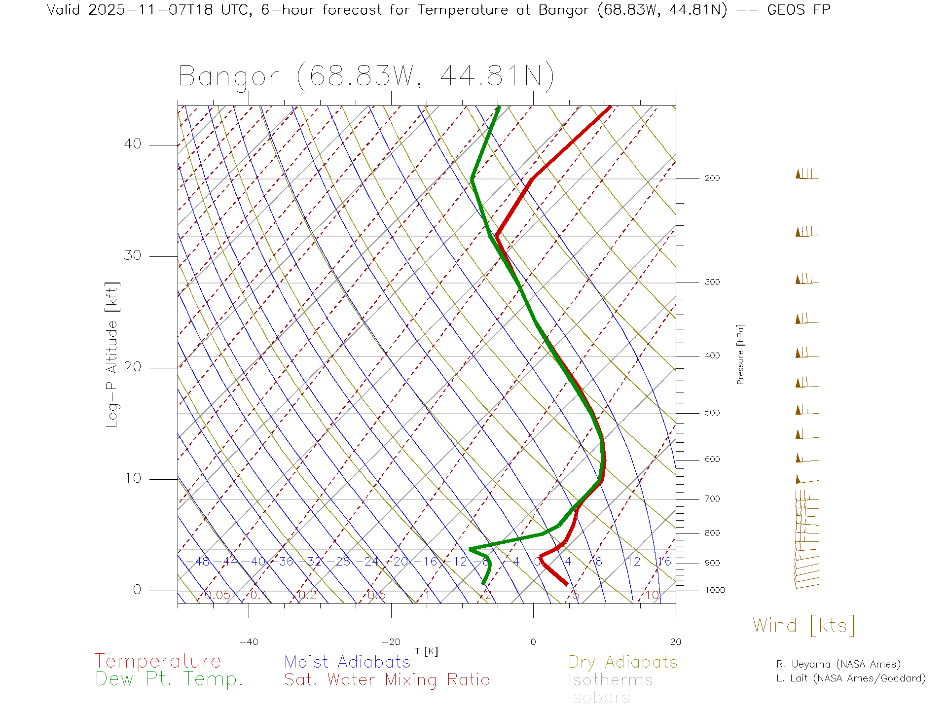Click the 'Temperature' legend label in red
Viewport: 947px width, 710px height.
(157, 661)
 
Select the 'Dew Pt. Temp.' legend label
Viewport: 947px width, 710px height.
(169, 679)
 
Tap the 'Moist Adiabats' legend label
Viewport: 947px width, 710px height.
(347, 662)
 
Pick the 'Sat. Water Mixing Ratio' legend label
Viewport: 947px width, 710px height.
(387, 679)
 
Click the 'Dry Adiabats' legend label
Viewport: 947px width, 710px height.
(622, 662)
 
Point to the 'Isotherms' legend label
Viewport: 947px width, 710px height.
(610, 680)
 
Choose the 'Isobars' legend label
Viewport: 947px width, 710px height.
(599, 698)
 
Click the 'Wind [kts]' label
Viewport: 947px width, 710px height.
(803, 626)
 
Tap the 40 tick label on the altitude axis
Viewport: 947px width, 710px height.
(132, 144)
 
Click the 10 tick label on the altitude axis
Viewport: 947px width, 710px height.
(132, 478)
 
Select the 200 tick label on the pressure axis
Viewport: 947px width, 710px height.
(712, 178)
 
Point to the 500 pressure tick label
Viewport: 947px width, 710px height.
(712, 413)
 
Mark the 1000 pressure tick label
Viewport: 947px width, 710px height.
(714, 590)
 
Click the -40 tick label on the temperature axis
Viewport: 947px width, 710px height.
(249, 642)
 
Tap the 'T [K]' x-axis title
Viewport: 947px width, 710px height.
(426, 651)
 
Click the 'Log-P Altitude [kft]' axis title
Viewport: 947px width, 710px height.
(112, 355)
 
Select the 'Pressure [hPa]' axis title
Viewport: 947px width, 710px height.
(740, 354)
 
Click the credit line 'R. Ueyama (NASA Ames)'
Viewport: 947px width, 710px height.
(838, 664)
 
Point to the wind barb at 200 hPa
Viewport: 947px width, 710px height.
(806, 175)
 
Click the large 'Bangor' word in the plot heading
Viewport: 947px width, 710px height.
(229, 76)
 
